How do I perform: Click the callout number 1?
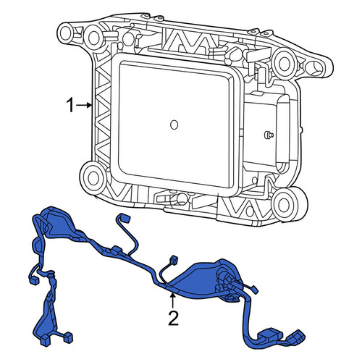click(x=70, y=106)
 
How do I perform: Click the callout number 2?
click(x=173, y=318)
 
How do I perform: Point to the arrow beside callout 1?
click(x=84, y=105)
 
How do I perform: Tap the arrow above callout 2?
click(x=172, y=300)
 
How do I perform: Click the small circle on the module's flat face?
click(x=174, y=125)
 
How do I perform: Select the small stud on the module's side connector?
click(x=268, y=135)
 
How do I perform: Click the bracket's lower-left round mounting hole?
click(x=93, y=178)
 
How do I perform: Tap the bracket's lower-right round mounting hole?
click(x=285, y=203)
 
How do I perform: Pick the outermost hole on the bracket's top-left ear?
click(x=65, y=34)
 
